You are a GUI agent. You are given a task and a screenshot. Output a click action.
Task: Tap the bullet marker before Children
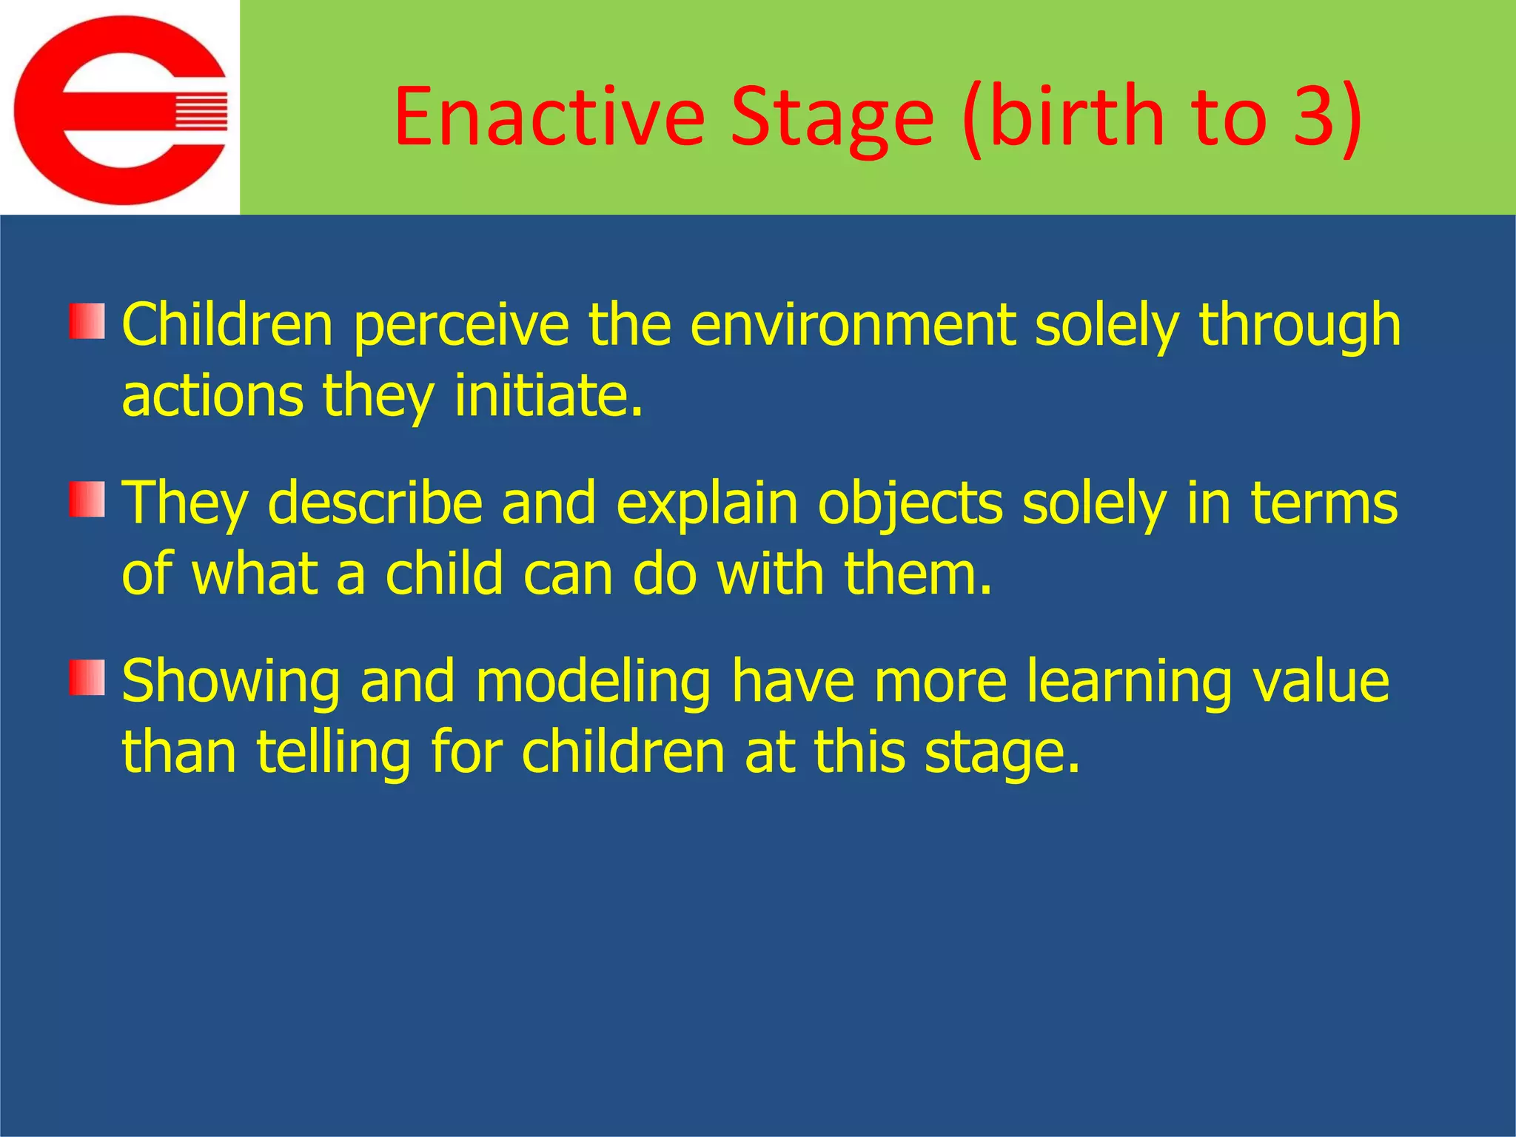coord(87,321)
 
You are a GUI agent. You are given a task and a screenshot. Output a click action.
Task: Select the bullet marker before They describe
coord(87,500)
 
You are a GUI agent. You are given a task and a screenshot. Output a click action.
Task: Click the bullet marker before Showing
coord(87,678)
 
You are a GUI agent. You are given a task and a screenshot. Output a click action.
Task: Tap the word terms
coord(1324,503)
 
